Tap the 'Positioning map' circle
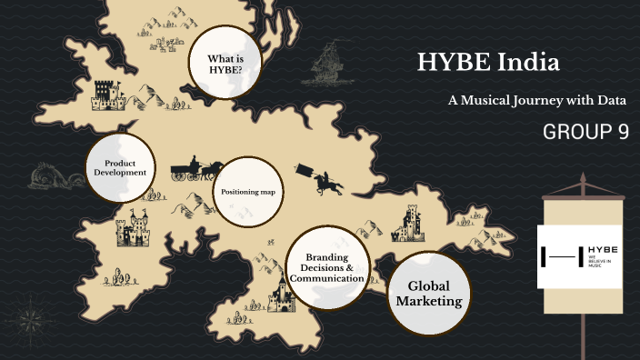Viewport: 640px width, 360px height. click(x=248, y=192)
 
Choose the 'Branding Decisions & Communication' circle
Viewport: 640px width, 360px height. click(x=328, y=267)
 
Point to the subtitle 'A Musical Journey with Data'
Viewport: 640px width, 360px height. click(x=537, y=99)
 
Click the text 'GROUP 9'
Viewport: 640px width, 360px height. click(x=585, y=132)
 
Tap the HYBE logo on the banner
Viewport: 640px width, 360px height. click(x=582, y=256)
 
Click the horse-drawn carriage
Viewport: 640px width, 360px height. click(x=196, y=169)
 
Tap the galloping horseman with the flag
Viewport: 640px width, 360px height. click(x=323, y=179)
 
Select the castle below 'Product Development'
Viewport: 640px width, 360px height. click(x=133, y=231)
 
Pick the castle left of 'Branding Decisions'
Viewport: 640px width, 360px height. click(x=282, y=294)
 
